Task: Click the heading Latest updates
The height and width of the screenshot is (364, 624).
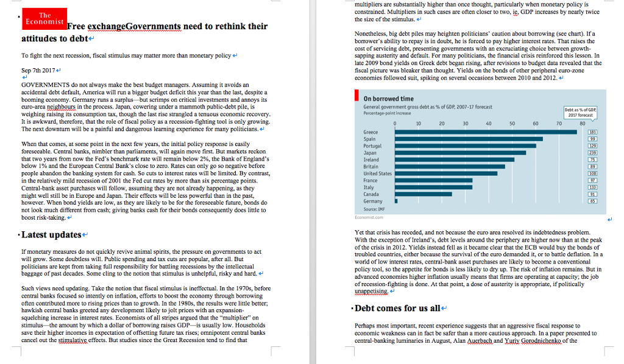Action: tap(51, 234)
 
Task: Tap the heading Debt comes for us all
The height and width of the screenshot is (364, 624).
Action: tap(397, 308)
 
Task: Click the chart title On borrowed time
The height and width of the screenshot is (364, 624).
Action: tap(388, 99)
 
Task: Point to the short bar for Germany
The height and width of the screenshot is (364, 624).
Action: tap(396, 201)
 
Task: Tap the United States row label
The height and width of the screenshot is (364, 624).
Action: tap(377, 173)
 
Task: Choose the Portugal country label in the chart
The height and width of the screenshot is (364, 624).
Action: tap(372, 146)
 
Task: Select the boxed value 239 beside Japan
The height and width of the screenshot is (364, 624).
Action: tap(592, 153)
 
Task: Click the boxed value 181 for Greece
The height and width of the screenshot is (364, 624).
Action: tap(592, 132)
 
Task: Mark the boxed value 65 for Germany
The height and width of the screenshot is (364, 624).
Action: tap(592, 201)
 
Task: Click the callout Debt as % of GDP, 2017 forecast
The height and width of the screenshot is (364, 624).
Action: tap(581, 112)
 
